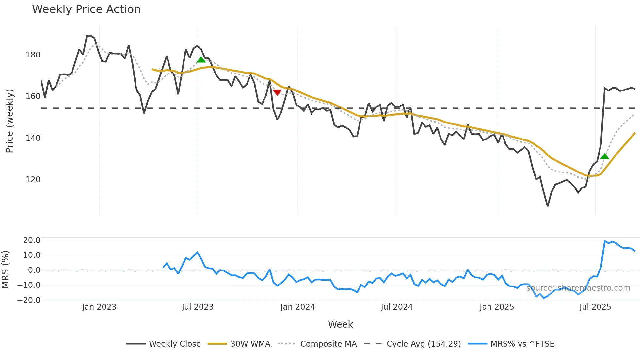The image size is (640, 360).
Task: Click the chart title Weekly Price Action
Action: tap(86, 9)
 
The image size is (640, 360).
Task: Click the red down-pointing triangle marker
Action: tap(277, 92)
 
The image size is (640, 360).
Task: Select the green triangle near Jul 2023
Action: tap(201, 59)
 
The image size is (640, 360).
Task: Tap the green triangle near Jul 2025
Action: tap(604, 156)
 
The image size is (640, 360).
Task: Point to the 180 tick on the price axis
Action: tap(33, 55)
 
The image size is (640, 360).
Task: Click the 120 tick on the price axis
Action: tap(33, 180)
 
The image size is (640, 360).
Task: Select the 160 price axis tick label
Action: tap(33, 96)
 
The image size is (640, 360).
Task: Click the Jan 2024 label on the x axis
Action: tap(297, 307)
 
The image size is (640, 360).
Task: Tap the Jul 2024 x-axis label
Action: tap(396, 307)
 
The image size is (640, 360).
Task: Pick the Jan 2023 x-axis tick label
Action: tap(99, 307)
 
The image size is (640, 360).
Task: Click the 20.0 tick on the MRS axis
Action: tap(32, 240)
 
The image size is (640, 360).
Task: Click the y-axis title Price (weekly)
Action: tap(10, 121)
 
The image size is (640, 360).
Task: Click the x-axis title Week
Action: tap(340, 324)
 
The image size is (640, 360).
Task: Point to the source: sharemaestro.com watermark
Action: tap(578, 288)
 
